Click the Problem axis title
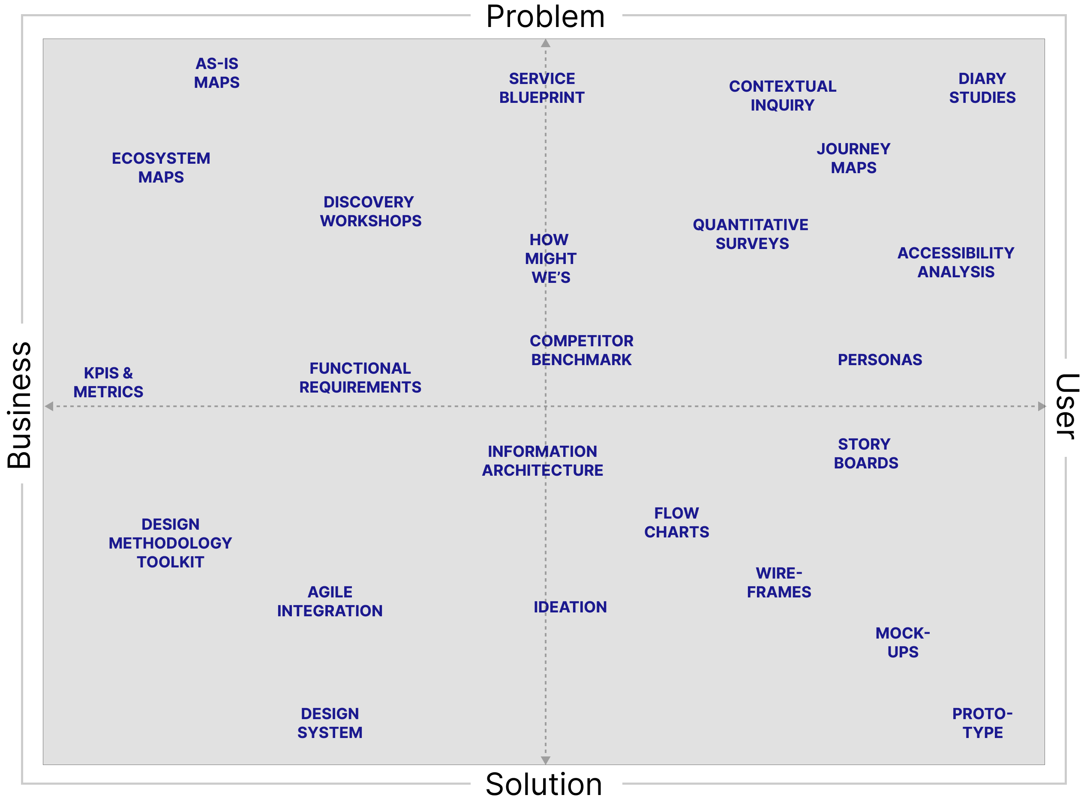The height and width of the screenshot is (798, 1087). pos(546,16)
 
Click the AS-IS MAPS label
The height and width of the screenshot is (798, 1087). pos(216,73)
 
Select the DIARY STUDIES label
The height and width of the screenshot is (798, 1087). pos(982,88)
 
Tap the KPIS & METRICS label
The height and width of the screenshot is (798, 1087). pos(108,382)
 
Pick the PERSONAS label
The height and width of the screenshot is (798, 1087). pos(880,360)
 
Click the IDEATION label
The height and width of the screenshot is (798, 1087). pos(570,607)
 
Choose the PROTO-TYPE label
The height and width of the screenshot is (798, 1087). pos(982,723)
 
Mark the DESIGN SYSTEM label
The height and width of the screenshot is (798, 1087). pos(330,723)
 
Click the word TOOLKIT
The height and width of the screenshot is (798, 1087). pos(171,562)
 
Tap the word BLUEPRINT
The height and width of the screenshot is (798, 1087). pos(541,98)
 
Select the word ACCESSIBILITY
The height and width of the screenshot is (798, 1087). pos(955,253)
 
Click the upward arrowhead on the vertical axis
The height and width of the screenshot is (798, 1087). pos(546,43)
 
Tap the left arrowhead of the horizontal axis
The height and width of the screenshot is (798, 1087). pos(49,406)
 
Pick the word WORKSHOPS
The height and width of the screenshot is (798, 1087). pos(370,221)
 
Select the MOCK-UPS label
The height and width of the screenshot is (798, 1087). pos(902,642)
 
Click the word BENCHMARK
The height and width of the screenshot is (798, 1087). pos(581,360)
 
